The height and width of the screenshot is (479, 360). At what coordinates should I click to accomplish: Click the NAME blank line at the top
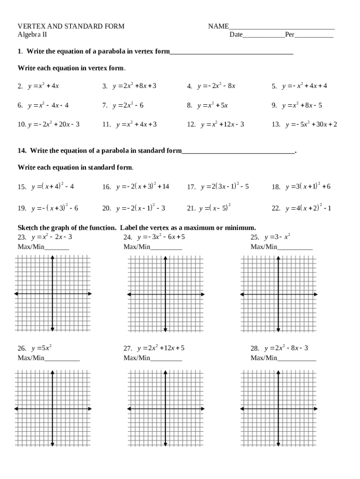point(281,28)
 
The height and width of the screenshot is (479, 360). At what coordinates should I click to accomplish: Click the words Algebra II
point(32,35)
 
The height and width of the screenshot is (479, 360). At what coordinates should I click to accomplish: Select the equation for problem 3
point(134,86)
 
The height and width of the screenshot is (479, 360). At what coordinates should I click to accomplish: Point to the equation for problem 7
point(128,105)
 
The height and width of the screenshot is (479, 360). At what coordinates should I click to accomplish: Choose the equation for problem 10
point(54,124)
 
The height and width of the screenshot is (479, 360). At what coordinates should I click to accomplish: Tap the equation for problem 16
point(143,186)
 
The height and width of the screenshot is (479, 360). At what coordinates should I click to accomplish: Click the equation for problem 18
point(308,186)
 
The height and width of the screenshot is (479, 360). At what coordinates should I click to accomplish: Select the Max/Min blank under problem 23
point(57,248)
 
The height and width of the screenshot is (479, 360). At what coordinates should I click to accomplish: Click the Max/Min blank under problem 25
point(295,248)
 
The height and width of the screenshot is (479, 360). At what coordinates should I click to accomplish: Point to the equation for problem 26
point(41,348)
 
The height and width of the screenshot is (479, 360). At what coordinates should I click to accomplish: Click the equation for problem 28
point(286,348)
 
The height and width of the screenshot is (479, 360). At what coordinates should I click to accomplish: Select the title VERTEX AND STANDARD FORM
point(71,27)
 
